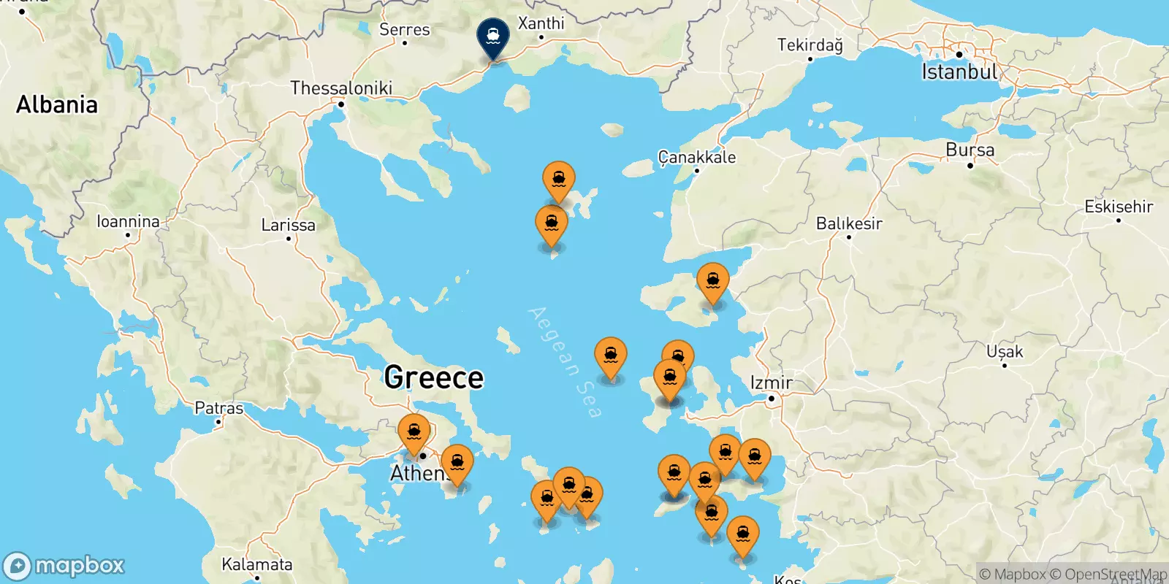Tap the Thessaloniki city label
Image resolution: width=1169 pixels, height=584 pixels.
coord(341,88)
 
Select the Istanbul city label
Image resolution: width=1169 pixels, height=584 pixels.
coord(959,72)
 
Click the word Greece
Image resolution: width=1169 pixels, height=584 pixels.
coord(433,377)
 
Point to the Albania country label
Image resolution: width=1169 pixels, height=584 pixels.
coord(57,104)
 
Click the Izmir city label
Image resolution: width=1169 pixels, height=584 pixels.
coord(771,383)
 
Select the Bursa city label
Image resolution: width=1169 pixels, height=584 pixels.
coord(970,150)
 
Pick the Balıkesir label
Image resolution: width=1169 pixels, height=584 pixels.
coord(849,223)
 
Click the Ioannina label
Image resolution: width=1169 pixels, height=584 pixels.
coord(128,221)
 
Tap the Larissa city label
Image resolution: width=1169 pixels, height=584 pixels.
coord(288,225)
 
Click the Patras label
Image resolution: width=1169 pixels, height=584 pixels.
coord(218,408)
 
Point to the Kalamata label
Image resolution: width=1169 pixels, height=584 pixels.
coord(256,564)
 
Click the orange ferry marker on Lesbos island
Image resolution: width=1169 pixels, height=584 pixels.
coord(712,281)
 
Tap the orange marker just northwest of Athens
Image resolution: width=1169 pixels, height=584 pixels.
coord(414,432)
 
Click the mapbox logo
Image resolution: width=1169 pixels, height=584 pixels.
coord(64,566)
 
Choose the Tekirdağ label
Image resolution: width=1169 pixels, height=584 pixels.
coord(810,45)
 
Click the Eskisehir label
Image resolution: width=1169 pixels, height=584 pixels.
coord(1118,207)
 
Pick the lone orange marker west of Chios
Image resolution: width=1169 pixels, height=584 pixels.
coord(610,356)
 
